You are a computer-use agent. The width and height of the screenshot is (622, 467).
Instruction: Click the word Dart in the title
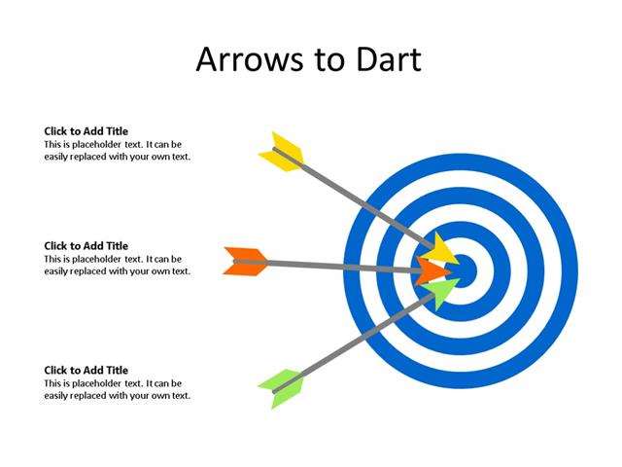pos(385,59)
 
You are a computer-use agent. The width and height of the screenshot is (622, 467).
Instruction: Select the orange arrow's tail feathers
pos(246,262)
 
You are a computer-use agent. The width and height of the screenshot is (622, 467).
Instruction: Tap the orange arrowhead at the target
pos(432,271)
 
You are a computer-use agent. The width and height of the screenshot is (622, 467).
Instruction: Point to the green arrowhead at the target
pos(440,291)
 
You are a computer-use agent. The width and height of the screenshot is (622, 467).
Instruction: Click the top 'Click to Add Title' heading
pos(86,131)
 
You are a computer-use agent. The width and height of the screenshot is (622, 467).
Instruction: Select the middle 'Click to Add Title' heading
pos(86,246)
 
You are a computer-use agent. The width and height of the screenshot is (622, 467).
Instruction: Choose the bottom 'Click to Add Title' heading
pos(86,371)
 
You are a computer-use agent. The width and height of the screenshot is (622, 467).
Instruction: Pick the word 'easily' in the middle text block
pos(57,271)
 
